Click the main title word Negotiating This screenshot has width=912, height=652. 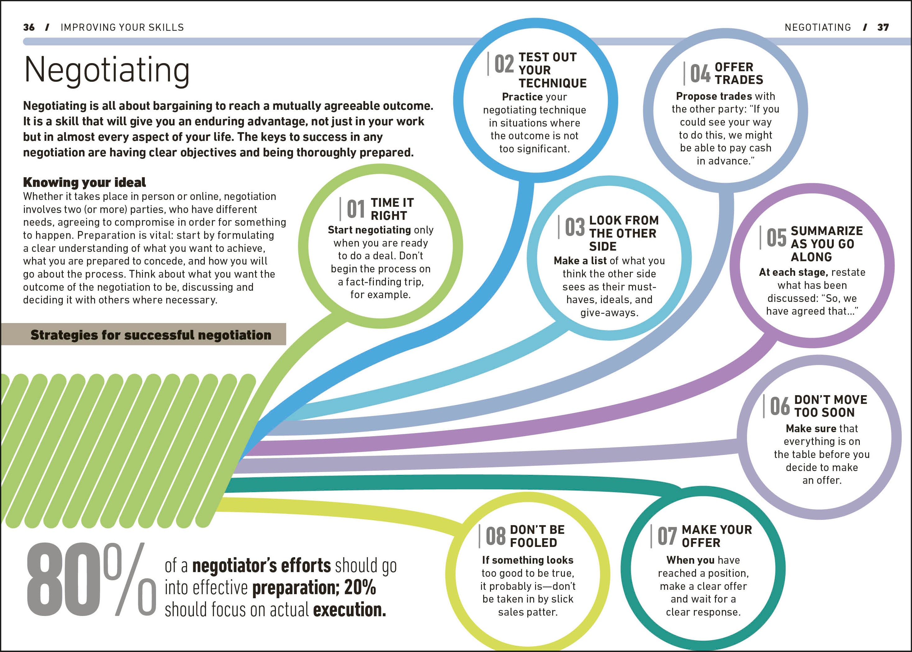(106, 70)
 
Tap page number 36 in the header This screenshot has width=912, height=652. (29, 27)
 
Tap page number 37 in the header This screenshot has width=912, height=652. (883, 27)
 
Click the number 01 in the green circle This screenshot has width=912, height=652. (356, 209)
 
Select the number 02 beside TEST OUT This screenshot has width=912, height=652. (504, 64)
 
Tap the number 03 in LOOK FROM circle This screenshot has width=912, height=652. (575, 227)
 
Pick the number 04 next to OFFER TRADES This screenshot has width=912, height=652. (700, 74)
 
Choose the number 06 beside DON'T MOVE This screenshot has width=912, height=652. (780, 406)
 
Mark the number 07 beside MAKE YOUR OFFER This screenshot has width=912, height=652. (667, 536)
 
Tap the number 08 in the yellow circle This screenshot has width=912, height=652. (496, 536)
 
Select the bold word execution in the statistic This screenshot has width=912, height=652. (349, 610)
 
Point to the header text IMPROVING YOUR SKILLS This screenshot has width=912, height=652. (122, 27)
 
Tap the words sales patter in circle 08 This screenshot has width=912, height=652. (528, 612)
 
